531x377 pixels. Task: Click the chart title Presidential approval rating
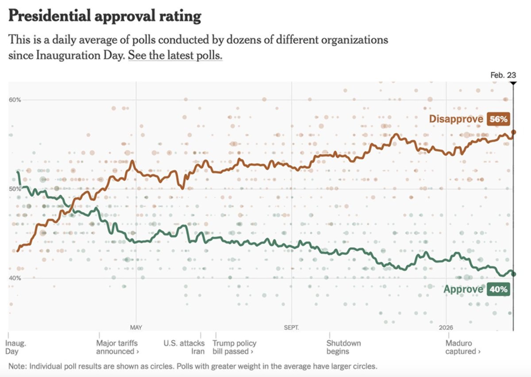coord(105,16)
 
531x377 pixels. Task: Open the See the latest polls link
coord(175,56)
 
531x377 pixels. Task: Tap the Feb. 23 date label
coord(503,75)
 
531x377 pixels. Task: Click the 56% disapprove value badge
coord(499,119)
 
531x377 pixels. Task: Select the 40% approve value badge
coord(498,289)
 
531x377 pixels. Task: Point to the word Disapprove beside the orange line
coord(456,119)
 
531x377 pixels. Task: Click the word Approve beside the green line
coord(463,289)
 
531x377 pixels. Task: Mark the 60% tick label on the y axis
coord(15,100)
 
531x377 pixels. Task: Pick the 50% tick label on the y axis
coord(15,189)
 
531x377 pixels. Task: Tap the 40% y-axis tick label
coord(15,278)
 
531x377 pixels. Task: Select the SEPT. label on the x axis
coord(291,328)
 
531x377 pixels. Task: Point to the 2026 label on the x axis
coord(446,328)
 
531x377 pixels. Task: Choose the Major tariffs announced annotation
coord(117,347)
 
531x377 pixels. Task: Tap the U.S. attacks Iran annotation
coord(184,347)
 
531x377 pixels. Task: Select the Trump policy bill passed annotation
coord(234,347)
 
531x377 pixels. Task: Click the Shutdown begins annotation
coord(344,347)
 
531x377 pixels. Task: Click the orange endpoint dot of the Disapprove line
coord(513,132)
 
